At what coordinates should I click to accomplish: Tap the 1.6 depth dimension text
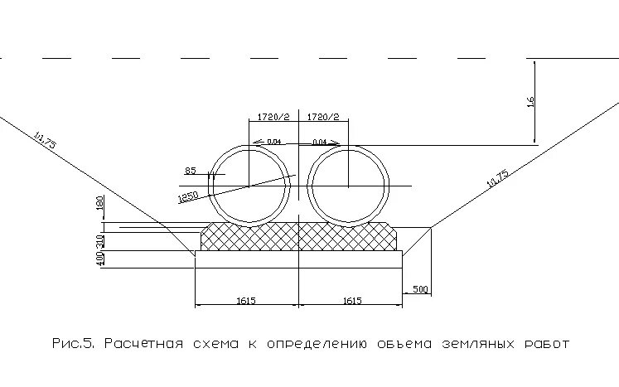(531, 101)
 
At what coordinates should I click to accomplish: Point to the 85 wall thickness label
(191, 171)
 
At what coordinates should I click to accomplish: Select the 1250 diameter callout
(187, 196)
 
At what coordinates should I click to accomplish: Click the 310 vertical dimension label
(99, 240)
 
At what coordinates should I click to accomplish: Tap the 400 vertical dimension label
(99, 259)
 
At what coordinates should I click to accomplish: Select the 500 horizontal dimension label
(420, 289)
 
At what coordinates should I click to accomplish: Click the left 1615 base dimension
(246, 301)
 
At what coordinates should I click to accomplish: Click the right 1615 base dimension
(351, 301)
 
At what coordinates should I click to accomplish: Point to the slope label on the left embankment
(45, 138)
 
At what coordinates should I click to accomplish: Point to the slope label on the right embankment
(497, 179)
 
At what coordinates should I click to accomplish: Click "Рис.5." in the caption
(75, 343)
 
